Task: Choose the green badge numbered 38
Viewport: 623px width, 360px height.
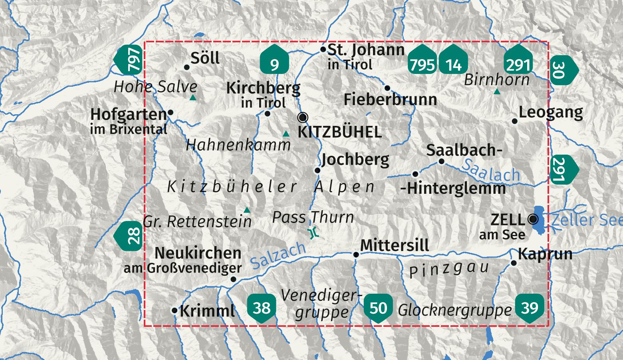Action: tap(262, 307)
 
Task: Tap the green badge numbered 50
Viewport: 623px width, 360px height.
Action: tap(378, 307)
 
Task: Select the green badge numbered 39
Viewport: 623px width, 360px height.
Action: tap(530, 307)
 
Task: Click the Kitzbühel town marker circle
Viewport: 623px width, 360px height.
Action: tap(303, 117)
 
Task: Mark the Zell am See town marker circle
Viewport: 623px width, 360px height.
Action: tap(533, 219)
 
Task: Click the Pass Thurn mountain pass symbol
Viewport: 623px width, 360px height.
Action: tap(313, 233)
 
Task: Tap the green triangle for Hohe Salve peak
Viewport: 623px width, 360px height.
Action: tap(193, 97)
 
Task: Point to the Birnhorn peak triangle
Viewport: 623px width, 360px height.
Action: tap(497, 92)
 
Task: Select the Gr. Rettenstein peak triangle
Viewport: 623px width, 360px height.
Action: tap(247, 210)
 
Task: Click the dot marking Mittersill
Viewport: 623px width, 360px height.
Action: tap(356, 255)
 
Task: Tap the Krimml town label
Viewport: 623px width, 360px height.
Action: tap(207, 311)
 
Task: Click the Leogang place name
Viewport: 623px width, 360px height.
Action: tap(551, 113)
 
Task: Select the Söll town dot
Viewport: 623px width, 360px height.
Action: tap(187, 67)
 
